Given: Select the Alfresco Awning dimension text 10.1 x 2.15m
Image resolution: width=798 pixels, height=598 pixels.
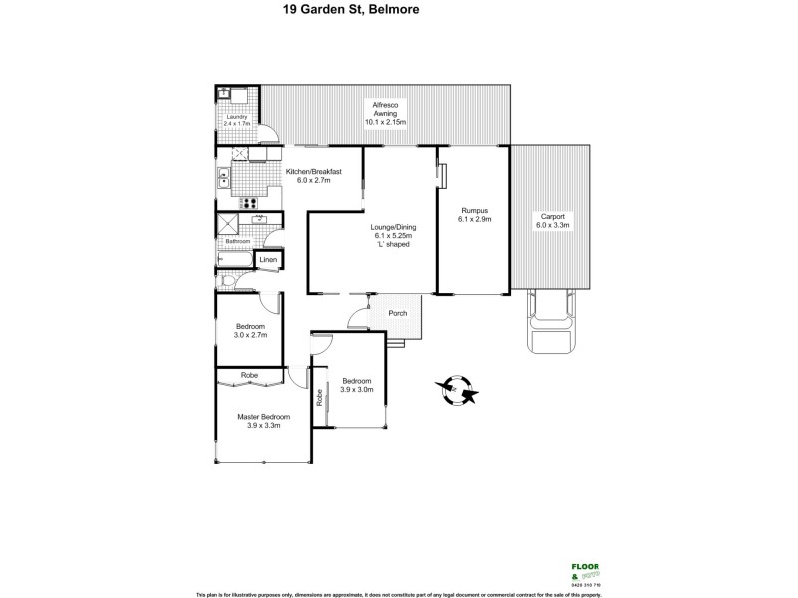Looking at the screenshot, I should pyautogui.click(x=385, y=123).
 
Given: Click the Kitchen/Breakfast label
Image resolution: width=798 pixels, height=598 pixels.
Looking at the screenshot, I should pyautogui.click(x=314, y=172).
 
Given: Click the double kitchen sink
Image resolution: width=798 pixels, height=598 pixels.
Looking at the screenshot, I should pyautogui.click(x=223, y=179).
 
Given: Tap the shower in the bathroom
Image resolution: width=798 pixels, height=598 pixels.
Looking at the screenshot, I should pyautogui.click(x=226, y=223).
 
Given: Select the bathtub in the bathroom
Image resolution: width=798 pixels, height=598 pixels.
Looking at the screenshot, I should pyautogui.click(x=235, y=261).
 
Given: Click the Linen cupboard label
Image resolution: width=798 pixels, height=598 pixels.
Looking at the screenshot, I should pyautogui.click(x=267, y=261).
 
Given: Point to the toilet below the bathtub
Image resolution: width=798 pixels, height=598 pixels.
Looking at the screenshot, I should pyautogui.click(x=228, y=283).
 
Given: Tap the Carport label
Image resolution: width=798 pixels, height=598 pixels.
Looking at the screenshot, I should pyautogui.click(x=552, y=216).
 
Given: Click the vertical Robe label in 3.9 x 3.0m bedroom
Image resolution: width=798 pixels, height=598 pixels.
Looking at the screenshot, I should pyautogui.click(x=320, y=396).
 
